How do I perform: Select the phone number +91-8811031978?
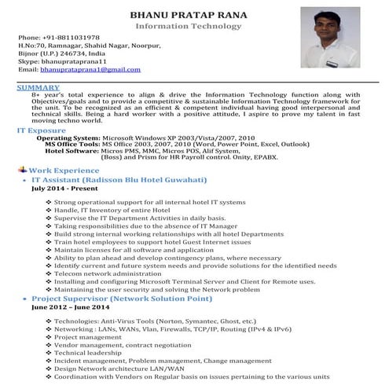coord(61,38)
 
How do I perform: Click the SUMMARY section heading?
coord(38,86)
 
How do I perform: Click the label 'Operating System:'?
coord(69,137)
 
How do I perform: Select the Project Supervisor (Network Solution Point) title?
coord(126,299)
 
